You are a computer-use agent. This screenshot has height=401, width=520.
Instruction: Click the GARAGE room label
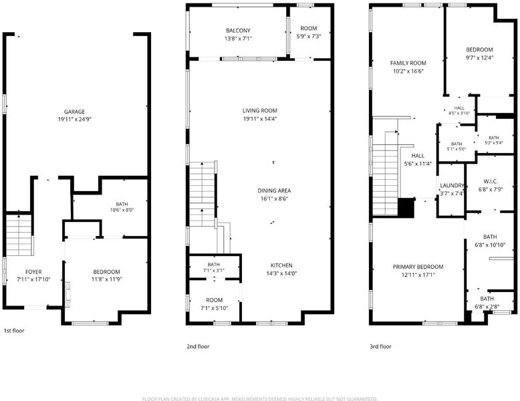click(74, 112)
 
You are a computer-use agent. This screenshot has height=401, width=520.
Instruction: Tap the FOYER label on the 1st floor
click(33, 272)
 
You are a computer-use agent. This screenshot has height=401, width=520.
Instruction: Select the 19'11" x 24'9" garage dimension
click(74, 119)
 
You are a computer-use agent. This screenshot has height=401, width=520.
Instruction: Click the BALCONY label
click(238, 31)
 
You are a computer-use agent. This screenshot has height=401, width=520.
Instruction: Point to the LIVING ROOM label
click(260, 111)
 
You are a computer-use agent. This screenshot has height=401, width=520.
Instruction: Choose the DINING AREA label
click(274, 190)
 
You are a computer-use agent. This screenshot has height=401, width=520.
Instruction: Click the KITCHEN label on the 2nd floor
click(281, 265)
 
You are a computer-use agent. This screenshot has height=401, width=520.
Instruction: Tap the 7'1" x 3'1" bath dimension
click(214, 270)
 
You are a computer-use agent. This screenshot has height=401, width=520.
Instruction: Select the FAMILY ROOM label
click(408, 63)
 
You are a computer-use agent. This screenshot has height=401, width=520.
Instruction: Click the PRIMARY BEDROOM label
click(418, 267)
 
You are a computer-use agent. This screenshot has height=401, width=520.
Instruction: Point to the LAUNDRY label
click(452, 186)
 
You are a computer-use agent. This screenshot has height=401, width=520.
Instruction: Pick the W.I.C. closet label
click(491, 181)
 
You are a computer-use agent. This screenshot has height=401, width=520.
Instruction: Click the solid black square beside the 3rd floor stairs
click(406, 208)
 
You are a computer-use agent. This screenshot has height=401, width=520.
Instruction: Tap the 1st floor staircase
click(19, 235)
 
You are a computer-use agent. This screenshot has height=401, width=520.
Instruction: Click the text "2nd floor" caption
click(198, 346)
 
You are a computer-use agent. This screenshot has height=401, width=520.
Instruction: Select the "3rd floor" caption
click(381, 346)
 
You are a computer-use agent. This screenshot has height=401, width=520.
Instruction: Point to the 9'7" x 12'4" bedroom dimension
click(479, 57)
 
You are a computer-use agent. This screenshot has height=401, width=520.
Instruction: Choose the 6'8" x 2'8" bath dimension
click(487, 307)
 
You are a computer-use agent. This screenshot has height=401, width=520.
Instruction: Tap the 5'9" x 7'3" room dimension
click(309, 36)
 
